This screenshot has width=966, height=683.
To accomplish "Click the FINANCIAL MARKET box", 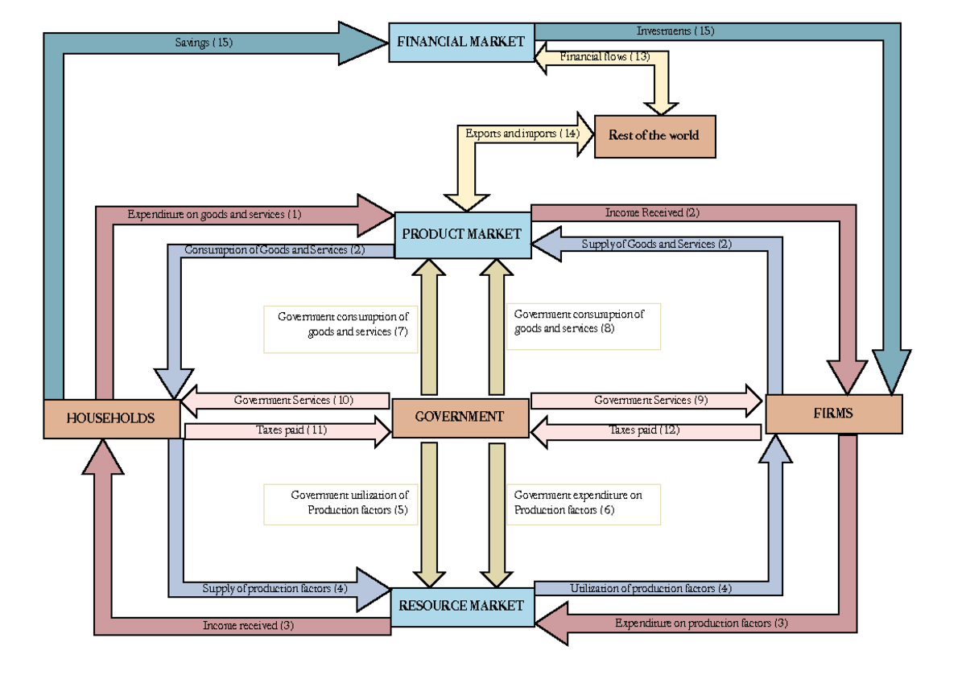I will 460,42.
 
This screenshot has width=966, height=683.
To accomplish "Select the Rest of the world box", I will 654,135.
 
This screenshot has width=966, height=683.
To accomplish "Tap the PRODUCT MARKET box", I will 462,234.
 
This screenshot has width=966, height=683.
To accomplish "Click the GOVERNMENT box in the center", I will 460,417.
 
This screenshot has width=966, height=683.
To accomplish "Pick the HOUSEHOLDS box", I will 111,418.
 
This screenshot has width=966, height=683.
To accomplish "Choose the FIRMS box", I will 833,414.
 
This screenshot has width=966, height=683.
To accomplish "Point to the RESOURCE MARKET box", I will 462,606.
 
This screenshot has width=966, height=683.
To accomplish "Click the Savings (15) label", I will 204,43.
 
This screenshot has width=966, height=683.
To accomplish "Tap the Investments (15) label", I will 675,31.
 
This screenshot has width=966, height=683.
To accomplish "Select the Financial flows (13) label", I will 605,56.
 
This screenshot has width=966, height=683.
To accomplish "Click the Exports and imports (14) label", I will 522,134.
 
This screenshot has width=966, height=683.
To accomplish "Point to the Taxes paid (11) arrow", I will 287,430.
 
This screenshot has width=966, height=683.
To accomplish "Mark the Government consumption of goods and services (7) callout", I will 341,328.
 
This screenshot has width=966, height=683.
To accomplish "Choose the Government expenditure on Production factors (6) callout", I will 583,504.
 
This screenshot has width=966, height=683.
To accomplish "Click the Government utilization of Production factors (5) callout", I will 341,504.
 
